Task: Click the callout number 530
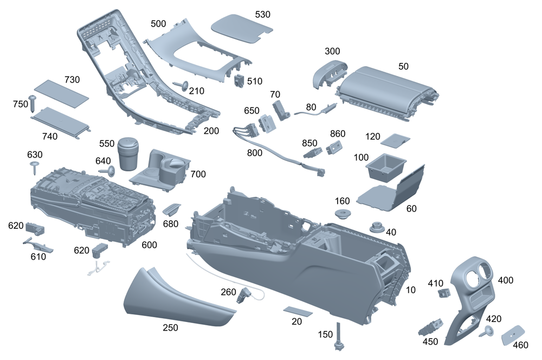(x=262, y=14)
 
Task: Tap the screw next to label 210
(x=181, y=85)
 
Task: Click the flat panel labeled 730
(x=61, y=93)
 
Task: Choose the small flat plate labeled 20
(x=298, y=311)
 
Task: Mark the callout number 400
(x=505, y=280)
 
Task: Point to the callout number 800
(x=254, y=153)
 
